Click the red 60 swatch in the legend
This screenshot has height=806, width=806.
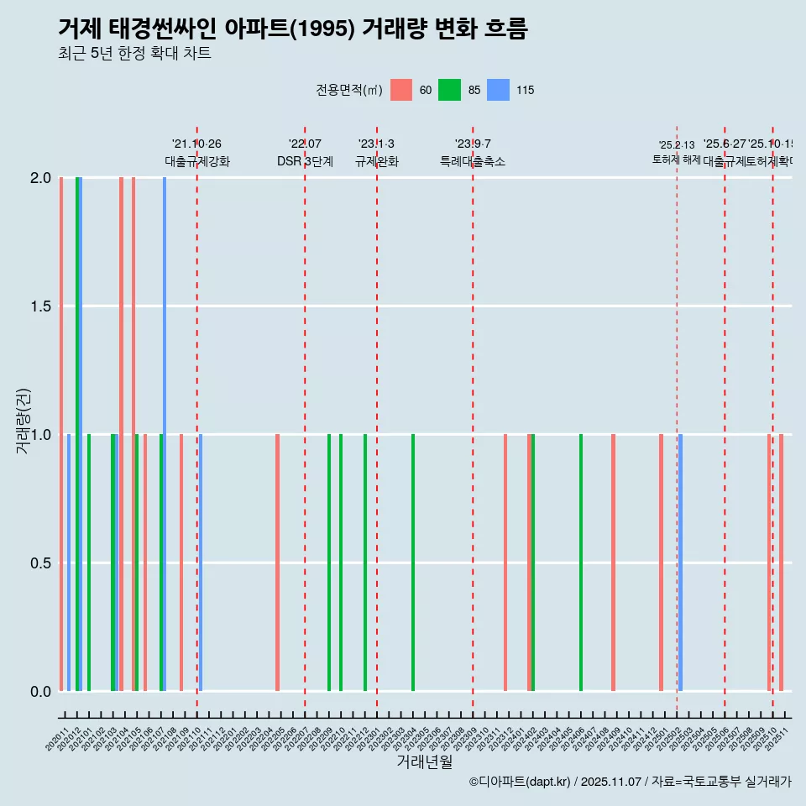[401, 90]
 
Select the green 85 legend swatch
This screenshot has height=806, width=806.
[450, 90]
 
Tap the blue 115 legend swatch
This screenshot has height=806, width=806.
[499, 90]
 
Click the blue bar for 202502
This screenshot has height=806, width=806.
[680, 563]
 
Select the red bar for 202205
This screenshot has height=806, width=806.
[277, 563]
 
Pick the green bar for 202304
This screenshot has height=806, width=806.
[413, 563]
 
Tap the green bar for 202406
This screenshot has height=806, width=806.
[581, 563]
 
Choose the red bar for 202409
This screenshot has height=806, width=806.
[613, 563]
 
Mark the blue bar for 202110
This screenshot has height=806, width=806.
[201, 563]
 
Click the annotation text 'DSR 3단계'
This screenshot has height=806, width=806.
[305, 162]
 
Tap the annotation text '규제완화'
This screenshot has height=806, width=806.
[376, 162]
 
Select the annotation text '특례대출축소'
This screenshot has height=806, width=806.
[473, 162]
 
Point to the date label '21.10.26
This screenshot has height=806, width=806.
[196, 144]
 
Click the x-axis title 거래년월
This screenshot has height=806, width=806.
[424, 762]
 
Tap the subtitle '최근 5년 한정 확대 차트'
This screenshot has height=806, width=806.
[134, 54]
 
